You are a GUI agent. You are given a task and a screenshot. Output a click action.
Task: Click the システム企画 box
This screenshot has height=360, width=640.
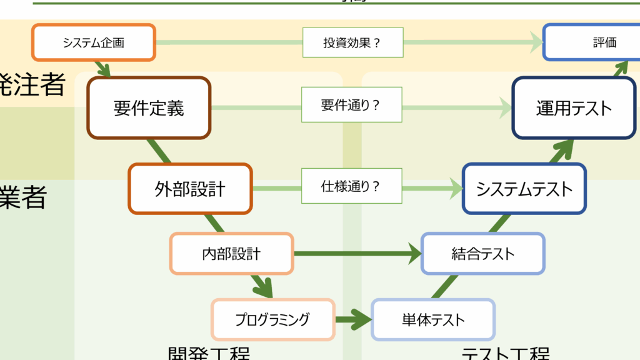click(93, 42)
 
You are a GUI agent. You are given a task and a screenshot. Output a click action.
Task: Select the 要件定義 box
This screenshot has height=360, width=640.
click(149, 107)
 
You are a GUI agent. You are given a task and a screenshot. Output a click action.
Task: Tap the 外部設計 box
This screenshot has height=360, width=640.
click(190, 189)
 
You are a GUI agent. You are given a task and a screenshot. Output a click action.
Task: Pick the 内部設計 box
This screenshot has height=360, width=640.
click(231, 254)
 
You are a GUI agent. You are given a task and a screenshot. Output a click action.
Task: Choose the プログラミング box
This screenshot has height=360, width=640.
click(272, 319)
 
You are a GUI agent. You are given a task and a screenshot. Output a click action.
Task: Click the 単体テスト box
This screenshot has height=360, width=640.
click(433, 320)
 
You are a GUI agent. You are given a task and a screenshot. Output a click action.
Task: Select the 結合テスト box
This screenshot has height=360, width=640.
click(482, 253)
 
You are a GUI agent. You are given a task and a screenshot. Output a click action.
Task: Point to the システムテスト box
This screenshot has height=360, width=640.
click(524, 188)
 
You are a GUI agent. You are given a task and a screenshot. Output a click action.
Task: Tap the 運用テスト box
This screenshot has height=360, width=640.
click(574, 107)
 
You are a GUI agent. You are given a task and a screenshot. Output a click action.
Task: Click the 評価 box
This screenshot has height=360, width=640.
click(604, 42)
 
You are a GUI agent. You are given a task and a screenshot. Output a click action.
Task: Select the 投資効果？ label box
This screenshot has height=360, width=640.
click(352, 43)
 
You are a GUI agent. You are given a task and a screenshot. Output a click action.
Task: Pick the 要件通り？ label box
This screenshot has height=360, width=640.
click(351, 105)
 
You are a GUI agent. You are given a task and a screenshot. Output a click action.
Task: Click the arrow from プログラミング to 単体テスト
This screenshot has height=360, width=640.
click(354, 319)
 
